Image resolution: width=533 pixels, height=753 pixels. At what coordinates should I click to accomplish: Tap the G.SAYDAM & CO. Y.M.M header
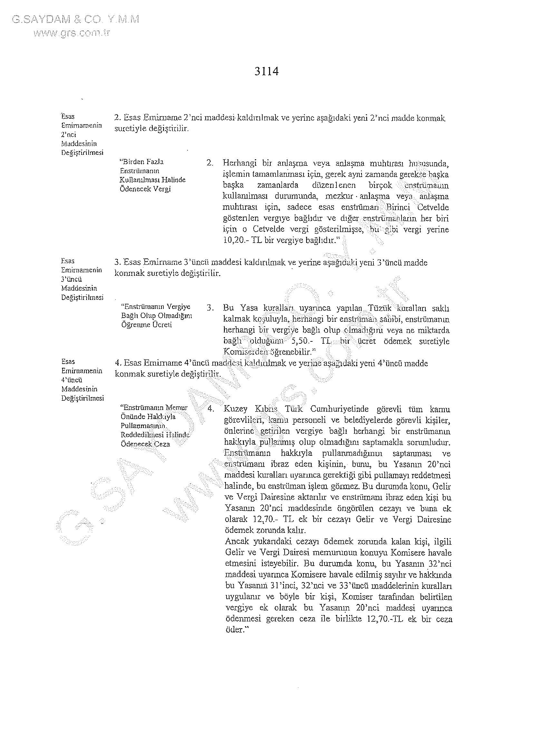coord(75,20)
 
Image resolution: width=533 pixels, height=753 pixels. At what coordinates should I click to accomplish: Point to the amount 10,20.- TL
coord(237,240)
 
